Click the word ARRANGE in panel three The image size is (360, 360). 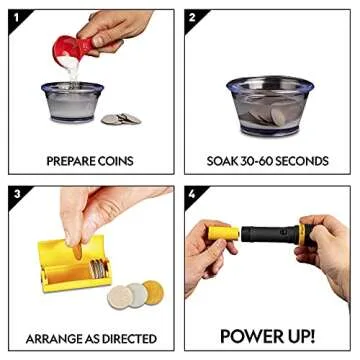61,338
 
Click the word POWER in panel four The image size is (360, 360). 247,336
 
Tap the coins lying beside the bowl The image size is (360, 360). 121,118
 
